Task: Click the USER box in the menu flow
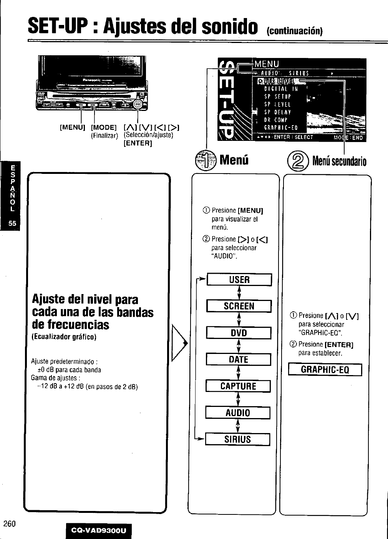[x=239, y=280]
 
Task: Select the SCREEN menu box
[x=239, y=306]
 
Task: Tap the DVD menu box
[x=239, y=333]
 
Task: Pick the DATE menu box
[x=238, y=360]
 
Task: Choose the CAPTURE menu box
[x=238, y=386]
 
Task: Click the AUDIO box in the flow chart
[x=238, y=413]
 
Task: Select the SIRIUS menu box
[x=237, y=440]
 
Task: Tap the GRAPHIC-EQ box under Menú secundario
[x=325, y=370]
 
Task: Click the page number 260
[x=9, y=524]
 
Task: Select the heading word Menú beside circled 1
[x=234, y=159]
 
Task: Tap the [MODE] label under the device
[x=104, y=127]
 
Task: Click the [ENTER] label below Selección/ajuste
[x=138, y=143]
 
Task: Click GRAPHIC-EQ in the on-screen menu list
[x=281, y=128]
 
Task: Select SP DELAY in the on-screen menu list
[x=277, y=112]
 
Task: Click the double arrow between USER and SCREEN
[x=239, y=293]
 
